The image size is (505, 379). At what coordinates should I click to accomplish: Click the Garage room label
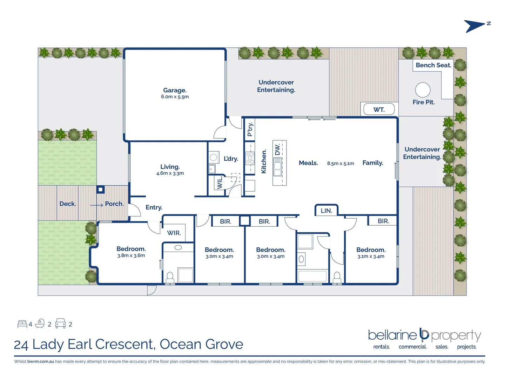(x=175, y=91)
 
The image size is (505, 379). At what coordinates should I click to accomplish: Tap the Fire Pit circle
(x=423, y=90)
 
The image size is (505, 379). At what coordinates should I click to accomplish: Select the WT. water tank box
(x=379, y=109)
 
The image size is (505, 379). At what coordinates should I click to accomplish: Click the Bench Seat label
(x=433, y=65)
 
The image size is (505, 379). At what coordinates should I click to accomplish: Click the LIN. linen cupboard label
(x=326, y=211)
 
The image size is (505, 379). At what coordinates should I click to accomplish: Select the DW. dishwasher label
(x=277, y=149)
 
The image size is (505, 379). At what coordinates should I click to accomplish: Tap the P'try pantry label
(x=250, y=129)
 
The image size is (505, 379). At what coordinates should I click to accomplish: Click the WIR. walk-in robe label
(x=174, y=233)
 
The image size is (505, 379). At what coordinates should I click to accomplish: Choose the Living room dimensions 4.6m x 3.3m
(x=170, y=173)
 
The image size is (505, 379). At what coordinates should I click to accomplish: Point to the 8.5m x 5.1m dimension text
(x=341, y=164)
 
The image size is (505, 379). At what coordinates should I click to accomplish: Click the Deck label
(x=68, y=204)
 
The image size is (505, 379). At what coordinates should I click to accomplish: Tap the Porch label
(x=114, y=204)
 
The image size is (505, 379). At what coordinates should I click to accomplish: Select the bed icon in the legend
(x=22, y=324)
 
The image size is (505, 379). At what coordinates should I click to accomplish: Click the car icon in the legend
(x=61, y=324)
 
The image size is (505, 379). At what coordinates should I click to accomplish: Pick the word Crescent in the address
(x=125, y=344)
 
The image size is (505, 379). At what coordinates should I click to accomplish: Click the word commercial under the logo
(x=412, y=347)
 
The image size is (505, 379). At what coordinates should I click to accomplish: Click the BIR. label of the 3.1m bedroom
(x=383, y=221)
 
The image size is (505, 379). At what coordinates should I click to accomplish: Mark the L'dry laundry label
(x=231, y=159)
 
